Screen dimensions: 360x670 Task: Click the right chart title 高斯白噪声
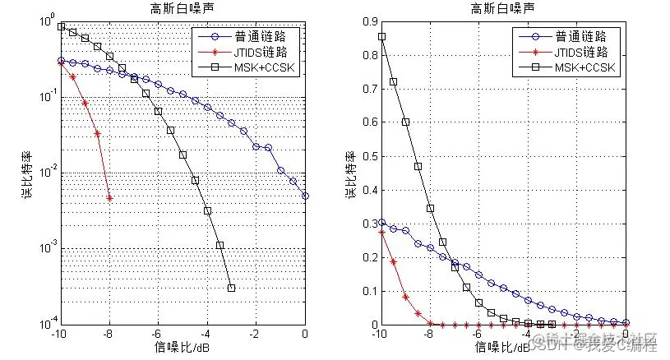(x=502, y=8)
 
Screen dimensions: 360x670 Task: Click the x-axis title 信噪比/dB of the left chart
(x=182, y=348)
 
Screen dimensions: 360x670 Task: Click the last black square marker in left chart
(x=232, y=288)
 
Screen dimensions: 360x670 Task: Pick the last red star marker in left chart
(x=109, y=198)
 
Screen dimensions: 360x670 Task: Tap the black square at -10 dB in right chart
(x=381, y=36)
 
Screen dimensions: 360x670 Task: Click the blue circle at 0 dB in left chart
(x=306, y=196)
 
